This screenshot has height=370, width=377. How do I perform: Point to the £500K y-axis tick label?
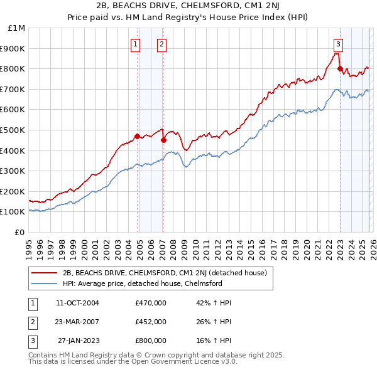click(x=14, y=130)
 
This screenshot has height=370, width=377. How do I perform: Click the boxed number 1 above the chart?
click(x=136, y=44)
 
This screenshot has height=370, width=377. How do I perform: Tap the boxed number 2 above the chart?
click(x=161, y=44)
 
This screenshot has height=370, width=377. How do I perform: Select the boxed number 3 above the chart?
click(x=338, y=44)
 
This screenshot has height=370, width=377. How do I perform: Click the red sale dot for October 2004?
click(x=137, y=136)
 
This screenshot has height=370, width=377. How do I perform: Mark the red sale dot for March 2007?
click(x=164, y=140)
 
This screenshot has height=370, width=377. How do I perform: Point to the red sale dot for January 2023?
click(x=340, y=69)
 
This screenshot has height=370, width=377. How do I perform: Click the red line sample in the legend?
click(x=45, y=273)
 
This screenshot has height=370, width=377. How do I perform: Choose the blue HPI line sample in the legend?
click(x=45, y=283)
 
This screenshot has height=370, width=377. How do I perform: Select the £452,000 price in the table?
click(x=151, y=322)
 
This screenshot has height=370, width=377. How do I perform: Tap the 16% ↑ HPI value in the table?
click(x=214, y=341)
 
